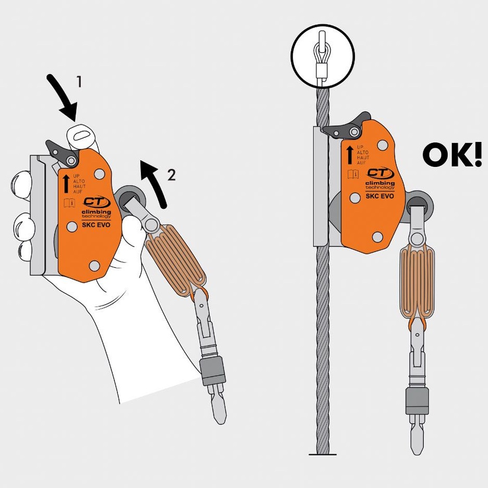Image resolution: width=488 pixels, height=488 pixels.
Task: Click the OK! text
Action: [x=452, y=154]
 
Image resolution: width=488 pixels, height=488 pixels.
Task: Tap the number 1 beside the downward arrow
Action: [x=79, y=81]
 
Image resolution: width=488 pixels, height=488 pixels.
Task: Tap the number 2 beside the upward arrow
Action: [x=172, y=175]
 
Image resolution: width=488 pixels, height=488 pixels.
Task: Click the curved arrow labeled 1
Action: [x=63, y=97]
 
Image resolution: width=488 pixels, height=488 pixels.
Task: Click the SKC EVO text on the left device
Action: [x=96, y=224]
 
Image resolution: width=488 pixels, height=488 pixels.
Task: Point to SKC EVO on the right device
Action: [x=379, y=196]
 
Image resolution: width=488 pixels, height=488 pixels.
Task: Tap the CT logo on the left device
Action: [x=96, y=203]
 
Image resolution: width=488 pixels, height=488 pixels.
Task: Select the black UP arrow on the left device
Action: [x=66, y=184]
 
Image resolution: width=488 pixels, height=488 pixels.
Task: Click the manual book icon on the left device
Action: [x=69, y=203]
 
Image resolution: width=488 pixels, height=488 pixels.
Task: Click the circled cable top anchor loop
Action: [x=321, y=56]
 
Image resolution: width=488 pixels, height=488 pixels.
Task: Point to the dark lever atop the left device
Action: [x=62, y=152]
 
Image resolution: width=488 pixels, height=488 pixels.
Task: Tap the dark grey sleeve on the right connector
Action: [x=417, y=401]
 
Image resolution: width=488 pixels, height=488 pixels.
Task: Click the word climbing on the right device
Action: [x=380, y=183]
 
